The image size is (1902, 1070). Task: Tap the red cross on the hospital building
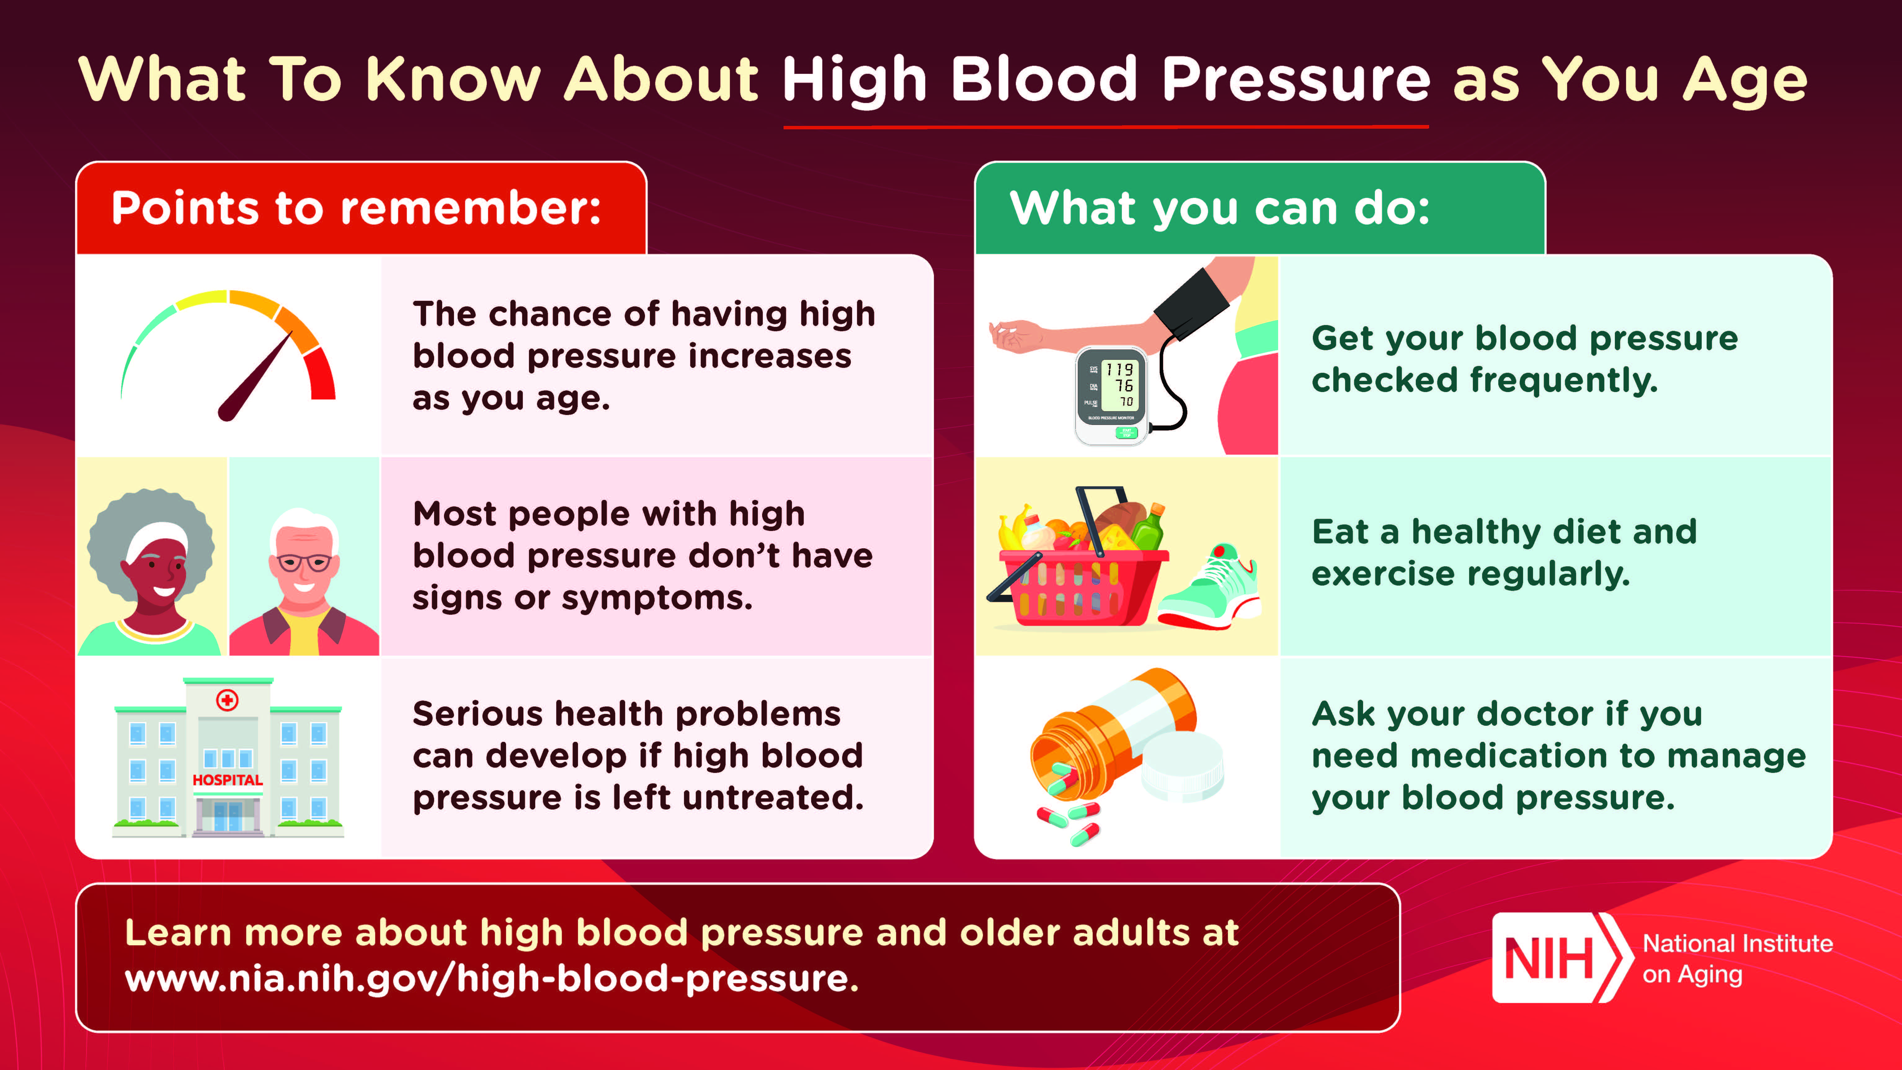(x=227, y=699)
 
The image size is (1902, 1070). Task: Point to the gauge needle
(x=255, y=377)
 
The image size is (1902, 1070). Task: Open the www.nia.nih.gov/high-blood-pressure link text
(x=491, y=979)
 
